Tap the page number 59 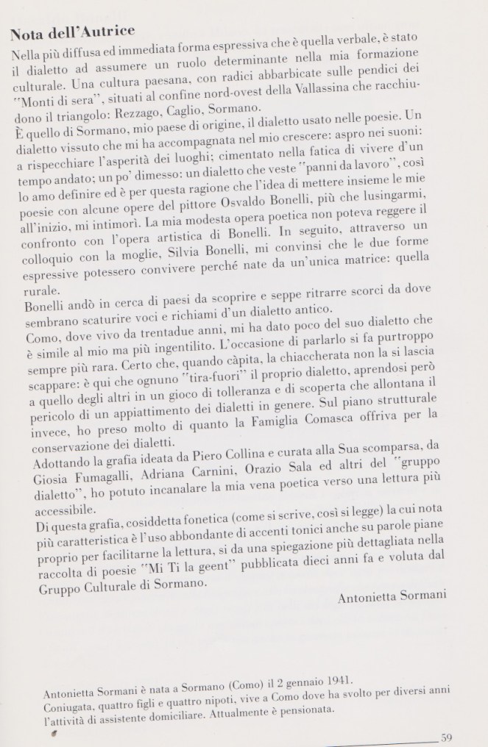click(x=447, y=737)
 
